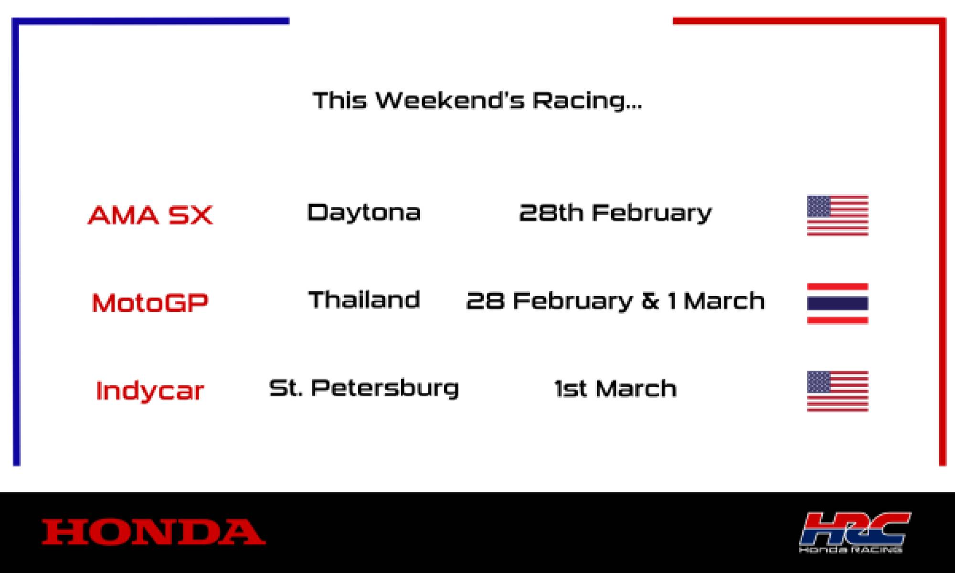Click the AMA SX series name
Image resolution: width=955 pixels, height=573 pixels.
(150, 215)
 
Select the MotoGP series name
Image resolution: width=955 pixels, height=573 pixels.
(150, 303)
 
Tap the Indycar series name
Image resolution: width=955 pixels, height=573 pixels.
(150, 391)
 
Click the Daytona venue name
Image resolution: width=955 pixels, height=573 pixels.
(364, 212)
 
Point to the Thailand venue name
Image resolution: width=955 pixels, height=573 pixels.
(364, 300)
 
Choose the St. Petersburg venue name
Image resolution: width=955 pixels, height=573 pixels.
(364, 388)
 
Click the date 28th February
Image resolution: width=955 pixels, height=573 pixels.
(615, 213)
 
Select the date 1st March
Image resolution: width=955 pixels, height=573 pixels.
(615, 389)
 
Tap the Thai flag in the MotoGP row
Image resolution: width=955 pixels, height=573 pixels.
(838, 303)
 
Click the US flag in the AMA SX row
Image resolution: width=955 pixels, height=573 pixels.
(838, 215)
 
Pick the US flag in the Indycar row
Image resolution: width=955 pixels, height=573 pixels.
(838, 391)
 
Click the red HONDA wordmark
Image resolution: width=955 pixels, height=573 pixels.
(154, 532)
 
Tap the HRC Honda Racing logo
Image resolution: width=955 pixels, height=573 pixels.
(855, 532)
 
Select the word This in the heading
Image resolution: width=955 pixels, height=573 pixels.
(340, 101)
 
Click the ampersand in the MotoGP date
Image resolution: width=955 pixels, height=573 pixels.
(650, 301)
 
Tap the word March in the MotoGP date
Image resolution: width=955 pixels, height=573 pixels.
(724, 301)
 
